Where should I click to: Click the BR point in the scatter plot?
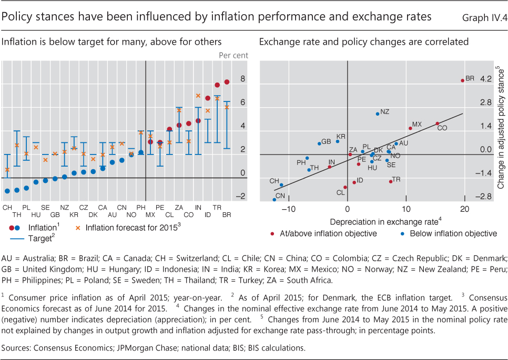pos(462,80)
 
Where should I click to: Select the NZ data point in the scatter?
pos(378,114)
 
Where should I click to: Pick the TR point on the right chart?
pos(391,181)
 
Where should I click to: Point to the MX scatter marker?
pos(410,128)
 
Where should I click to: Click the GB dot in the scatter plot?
pos(319,143)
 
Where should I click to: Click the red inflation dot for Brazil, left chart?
pos(227,82)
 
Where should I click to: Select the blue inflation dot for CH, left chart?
pos(7,191)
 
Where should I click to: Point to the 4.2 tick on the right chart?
pos(485,79)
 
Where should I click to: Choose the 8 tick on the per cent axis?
pos(243,79)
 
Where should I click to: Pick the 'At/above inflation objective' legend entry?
pos(327,234)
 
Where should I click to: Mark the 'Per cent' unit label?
pos(233,55)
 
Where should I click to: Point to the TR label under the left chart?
pos(217,208)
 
